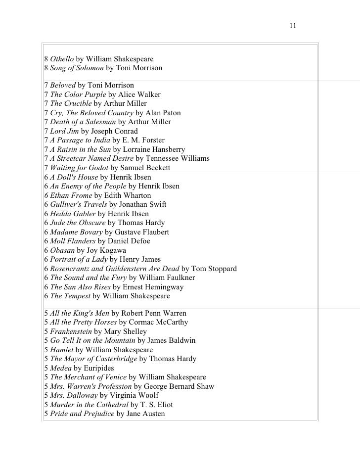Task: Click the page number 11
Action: tap(293, 25)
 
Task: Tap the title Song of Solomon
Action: tap(77, 68)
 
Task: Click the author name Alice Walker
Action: tap(138, 94)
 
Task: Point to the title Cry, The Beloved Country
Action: tap(91, 113)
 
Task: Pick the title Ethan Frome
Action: tap(71, 195)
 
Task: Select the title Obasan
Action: tap(62, 250)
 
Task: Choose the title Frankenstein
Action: tap(71, 331)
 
